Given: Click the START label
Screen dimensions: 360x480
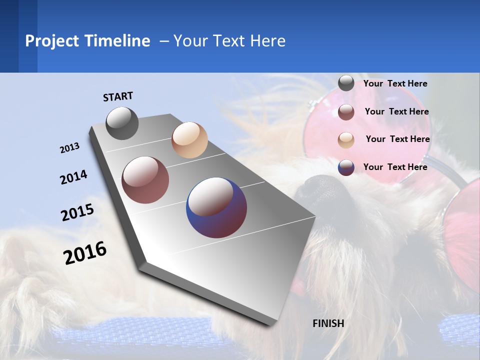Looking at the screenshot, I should click(118, 96).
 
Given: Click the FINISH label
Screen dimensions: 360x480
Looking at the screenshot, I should click(328, 323).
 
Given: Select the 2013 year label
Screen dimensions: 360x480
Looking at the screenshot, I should click(69, 148).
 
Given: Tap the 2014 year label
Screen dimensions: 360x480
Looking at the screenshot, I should click(73, 177).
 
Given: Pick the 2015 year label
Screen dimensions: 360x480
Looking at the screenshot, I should click(77, 212).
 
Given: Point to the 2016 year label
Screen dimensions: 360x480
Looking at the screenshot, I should click(85, 253).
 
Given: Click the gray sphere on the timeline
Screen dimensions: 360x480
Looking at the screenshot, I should click(122, 123).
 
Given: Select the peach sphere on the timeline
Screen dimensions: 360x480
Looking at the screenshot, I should click(189, 140).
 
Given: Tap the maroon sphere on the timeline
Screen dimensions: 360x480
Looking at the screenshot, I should click(145, 180).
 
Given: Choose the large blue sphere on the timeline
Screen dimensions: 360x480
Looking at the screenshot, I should click(216, 207).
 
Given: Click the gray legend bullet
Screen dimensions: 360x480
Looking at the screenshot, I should click(346, 83).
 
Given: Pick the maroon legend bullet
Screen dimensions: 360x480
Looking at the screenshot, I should click(346, 112).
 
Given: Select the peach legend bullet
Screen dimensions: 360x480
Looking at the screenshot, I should click(346, 140).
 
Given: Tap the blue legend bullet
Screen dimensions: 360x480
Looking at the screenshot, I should click(346, 167).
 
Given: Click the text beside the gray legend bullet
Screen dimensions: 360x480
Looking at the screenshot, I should click(395, 83).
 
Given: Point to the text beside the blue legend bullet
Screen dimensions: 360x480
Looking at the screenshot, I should click(395, 167).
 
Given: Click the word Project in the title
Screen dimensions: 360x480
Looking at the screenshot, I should click(52, 41).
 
